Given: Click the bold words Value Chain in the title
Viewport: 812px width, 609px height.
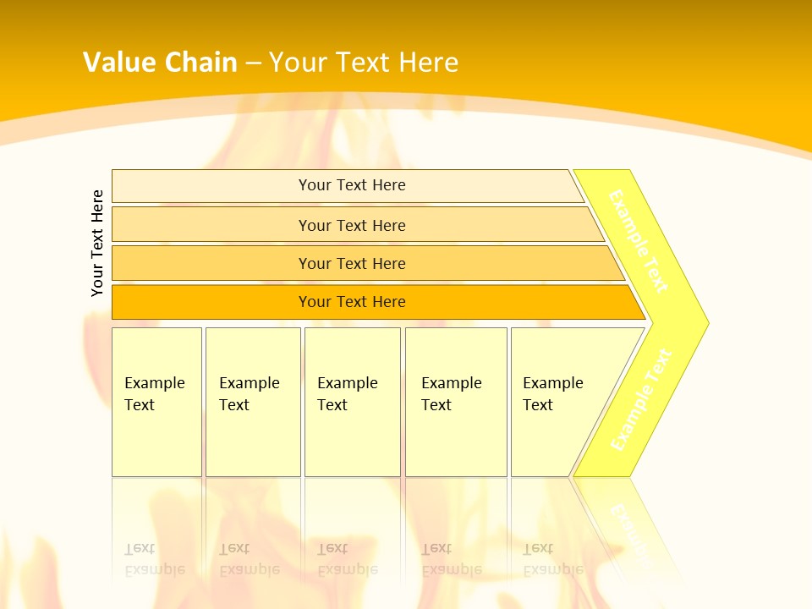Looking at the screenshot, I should [160, 63].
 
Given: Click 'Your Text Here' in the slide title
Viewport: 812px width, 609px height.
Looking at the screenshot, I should [364, 63].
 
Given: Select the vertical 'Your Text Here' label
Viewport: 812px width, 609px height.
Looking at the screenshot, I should [97, 243].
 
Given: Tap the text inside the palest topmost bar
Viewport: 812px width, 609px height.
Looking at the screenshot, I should [352, 185].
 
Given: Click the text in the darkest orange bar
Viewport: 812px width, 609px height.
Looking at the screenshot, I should [352, 302].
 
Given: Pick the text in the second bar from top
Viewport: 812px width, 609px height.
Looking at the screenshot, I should [352, 226].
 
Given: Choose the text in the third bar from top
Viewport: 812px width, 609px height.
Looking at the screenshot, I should [352, 264].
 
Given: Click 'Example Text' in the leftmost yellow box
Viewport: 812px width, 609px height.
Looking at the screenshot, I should [154, 394].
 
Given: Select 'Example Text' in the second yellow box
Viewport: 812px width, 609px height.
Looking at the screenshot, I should [249, 394].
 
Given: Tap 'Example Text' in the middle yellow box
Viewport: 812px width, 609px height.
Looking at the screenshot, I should [347, 394].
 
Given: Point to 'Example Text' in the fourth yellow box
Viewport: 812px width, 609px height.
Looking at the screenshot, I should [451, 394].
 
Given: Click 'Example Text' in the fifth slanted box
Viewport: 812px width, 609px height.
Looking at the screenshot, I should [552, 394].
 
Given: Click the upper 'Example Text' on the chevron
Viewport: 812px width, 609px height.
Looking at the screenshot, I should [639, 241].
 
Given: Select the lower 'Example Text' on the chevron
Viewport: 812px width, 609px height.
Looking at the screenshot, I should [641, 400].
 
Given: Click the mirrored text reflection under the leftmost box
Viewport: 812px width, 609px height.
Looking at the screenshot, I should [154, 559].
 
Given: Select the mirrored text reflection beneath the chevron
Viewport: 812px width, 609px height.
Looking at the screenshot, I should [630, 524].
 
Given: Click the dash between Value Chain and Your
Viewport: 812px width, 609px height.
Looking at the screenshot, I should [253, 63].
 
